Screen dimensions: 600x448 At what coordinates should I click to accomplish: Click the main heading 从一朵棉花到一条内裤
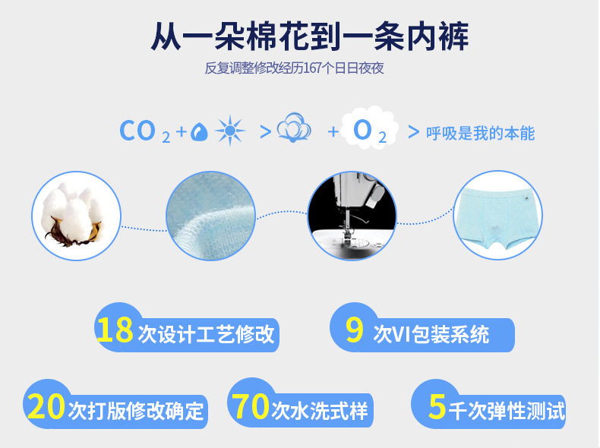(x=310, y=36)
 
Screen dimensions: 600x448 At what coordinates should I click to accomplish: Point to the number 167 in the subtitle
(x=314, y=68)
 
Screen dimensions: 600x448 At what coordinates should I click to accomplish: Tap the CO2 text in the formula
(x=144, y=131)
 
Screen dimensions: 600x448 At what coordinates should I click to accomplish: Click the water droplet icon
(x=199, y=131)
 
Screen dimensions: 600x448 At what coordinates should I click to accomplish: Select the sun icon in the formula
(x=229, y=131)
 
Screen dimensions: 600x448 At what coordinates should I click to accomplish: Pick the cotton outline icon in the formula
(x=294, y=128)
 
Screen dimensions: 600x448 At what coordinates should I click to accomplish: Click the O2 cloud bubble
(x=370, y=128)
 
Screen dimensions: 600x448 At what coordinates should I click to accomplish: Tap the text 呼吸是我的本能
(x=480, y=133)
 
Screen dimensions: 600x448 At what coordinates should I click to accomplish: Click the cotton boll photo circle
(x=76, y=216)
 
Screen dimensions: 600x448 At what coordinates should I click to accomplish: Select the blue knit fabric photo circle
(x=211, y=216)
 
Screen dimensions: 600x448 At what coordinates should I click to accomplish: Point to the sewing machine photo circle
(x=352, y=216)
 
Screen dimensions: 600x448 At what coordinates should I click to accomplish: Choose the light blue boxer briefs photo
(x=497, y=216)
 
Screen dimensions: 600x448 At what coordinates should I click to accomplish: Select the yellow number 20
(x=46, y=406)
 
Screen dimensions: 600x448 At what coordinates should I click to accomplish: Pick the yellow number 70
(x=251, y=406)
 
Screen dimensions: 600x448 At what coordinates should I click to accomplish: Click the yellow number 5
(x=437, y=406)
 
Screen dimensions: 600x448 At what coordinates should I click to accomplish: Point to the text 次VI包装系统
(x=431, y=334)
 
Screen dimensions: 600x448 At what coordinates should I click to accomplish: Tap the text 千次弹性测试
(x=507, y=411)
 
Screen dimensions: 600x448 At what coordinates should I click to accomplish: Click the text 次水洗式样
(x=320, y=411)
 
